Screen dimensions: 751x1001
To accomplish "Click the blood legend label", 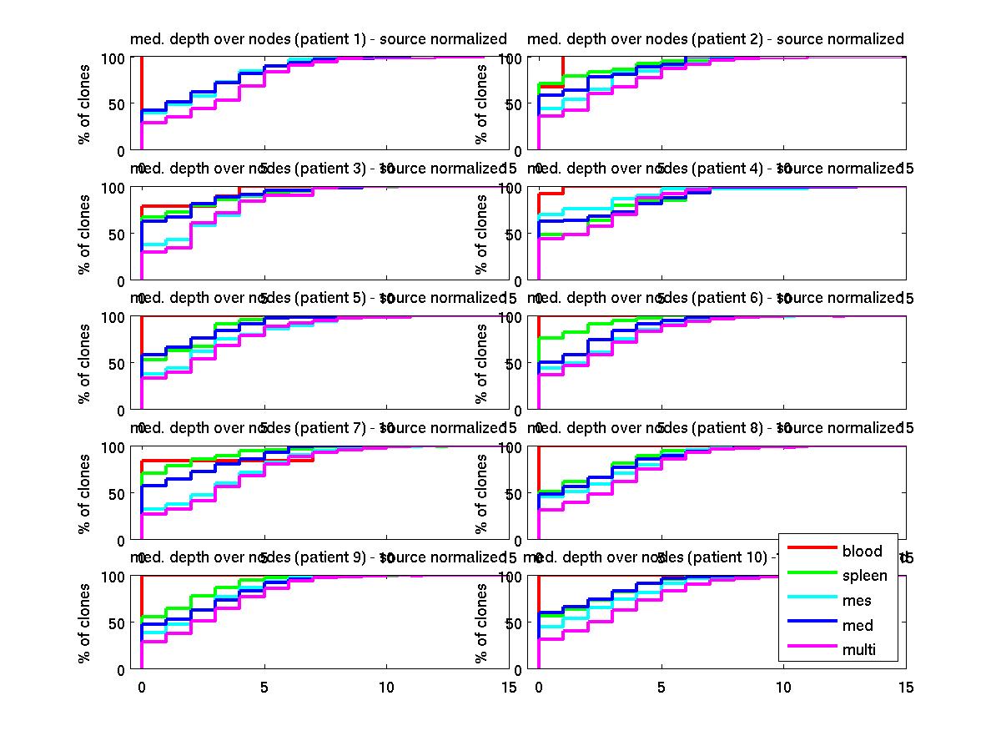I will point(862,551).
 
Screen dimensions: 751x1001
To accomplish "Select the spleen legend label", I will point(864,576).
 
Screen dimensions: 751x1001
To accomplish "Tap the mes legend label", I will point(857,601).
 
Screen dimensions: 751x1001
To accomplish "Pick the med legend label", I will point(858,626).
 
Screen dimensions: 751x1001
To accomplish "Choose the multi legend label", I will point(859,650).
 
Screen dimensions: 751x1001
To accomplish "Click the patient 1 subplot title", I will point(318,39).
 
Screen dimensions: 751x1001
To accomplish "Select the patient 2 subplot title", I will point(716,39).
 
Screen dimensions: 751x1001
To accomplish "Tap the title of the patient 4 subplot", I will point(716,169).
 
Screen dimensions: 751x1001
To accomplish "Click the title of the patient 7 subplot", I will point(318,428).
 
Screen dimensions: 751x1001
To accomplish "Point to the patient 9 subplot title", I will point(318,557).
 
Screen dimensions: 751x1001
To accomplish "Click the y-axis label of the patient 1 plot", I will point(84,103).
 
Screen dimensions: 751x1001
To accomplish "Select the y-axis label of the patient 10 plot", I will point(481,622).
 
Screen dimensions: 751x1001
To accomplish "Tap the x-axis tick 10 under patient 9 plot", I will point(386,687).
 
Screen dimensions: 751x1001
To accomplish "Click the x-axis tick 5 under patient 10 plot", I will point(661,687).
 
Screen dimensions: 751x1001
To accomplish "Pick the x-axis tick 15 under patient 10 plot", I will point(905,687).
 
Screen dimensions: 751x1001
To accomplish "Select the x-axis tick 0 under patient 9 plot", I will point(142,687).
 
